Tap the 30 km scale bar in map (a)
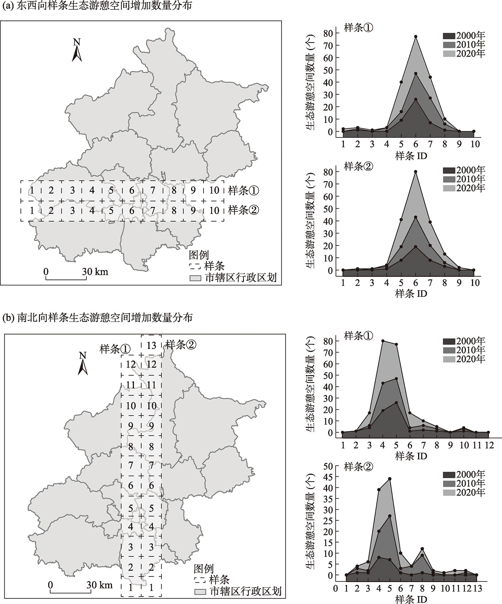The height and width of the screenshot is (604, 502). [66, 278]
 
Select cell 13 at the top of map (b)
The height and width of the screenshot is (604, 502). [151, 345]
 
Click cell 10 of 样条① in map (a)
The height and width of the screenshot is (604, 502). [214, 191]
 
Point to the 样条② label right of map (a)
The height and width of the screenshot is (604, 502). [243, 210]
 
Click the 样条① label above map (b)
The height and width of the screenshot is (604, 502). [115, 349]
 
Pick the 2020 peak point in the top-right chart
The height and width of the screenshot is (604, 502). [416, 36]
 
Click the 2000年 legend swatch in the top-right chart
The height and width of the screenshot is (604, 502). [449, 36]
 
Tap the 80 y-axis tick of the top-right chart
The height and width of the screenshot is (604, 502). [328, 33]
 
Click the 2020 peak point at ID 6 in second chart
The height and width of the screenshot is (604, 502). [416, 172]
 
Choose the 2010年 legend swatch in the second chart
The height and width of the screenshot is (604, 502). [449, 179]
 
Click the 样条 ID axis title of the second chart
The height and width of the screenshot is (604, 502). [411, 294]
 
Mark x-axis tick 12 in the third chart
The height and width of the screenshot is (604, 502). [488, 446]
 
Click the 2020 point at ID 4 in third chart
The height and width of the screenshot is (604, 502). [383, 341]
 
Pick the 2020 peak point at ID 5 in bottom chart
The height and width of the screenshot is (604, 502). [390, 479]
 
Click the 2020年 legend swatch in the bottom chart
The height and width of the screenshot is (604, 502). [449, 493]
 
